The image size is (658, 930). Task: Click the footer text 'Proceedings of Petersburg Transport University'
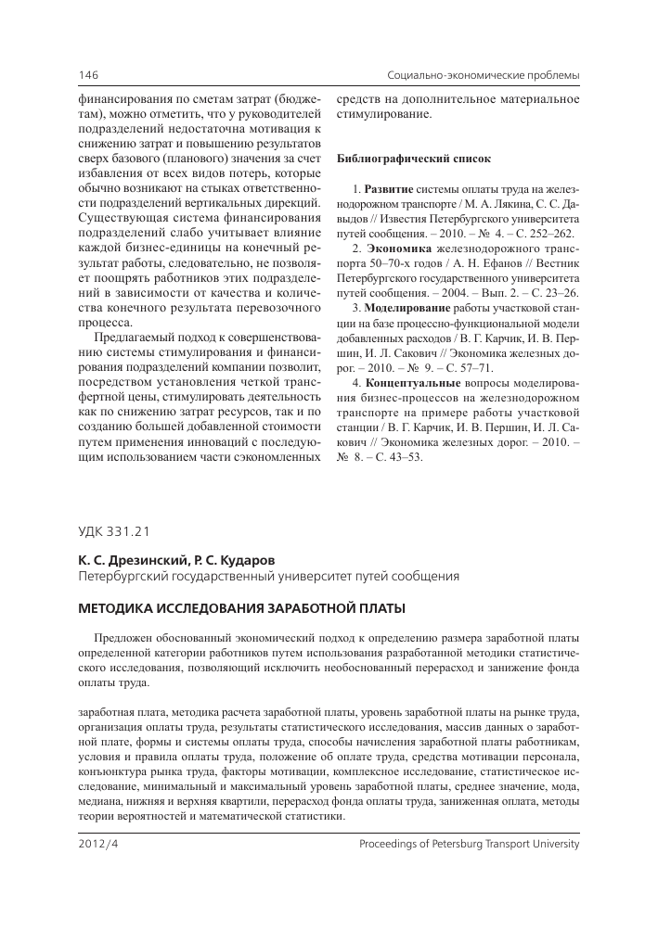pyautogui.click(x=468, y=845)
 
